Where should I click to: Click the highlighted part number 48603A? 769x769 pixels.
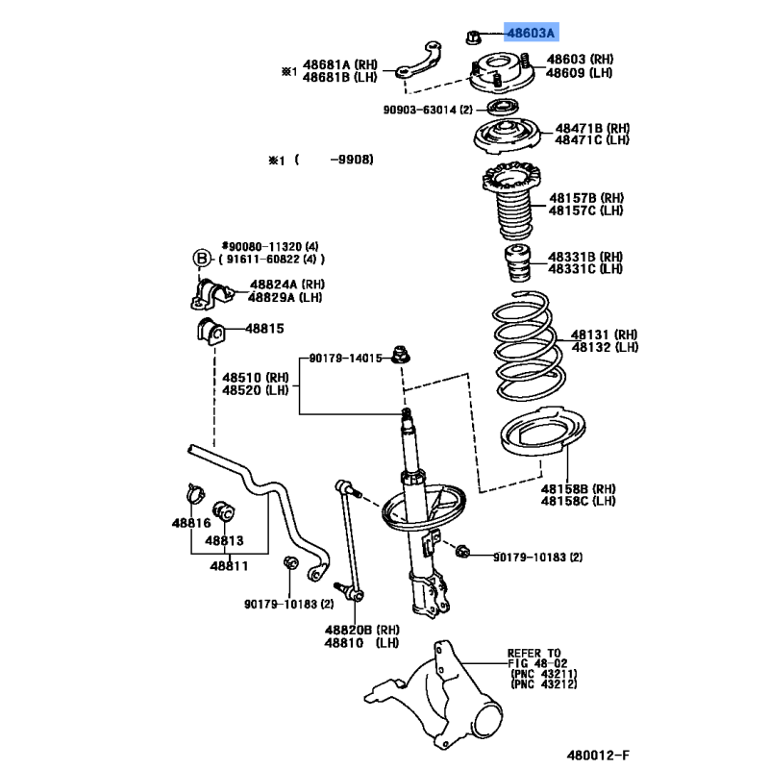[531, 33]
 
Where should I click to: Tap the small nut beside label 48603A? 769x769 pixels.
[472, 37]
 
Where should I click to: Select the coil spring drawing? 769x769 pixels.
[528, 346]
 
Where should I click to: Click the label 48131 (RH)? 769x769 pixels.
[605, 335]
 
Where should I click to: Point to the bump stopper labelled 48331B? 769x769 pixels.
[518, 262]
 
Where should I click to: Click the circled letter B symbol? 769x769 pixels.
[201, 258]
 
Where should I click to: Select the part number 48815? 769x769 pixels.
[264, 328]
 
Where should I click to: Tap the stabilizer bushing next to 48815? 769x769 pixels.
[211, 332]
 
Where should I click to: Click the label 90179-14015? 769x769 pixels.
[345, 358]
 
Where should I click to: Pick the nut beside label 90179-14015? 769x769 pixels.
[401, 355]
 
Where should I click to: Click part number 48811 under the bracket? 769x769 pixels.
[229, 566]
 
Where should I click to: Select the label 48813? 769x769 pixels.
[224, 540]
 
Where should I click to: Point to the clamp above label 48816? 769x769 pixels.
[196, 493]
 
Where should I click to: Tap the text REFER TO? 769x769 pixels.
[533, 654]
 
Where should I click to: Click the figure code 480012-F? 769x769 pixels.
[598, 756]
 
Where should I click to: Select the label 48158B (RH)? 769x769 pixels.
[579, 489]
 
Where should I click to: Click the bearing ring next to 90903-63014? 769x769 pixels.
[503, 107]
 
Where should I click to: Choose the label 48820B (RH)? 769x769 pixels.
[362, 630]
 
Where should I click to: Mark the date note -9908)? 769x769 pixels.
[352, 160]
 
